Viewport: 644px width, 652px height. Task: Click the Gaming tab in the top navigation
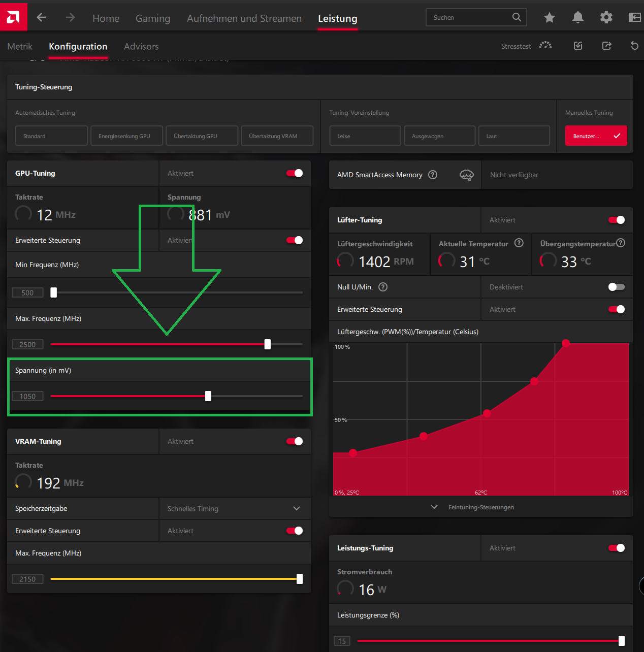[x=152, y=19]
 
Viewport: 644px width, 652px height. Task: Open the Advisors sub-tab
[x=141, y=47]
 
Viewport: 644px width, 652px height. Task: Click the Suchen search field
[x=470, y=18]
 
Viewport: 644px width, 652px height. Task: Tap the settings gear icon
[x=606, y=18]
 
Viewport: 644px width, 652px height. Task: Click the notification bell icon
[x=577, y=18]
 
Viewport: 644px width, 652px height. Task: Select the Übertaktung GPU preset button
[x=202, y=136]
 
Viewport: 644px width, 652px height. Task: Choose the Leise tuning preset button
[x=365, y=136]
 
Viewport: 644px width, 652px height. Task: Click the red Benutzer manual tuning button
[x=596, y=136]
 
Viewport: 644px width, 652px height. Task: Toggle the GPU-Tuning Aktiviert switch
[x=295, y=174]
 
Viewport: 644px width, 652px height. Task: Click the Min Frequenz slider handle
[x=54, y=292]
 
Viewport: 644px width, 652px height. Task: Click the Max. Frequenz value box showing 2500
[x=27, y=345]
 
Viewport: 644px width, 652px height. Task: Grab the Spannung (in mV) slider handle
[x=208, y=396]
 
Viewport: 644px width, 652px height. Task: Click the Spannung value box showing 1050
[x=27, y=397]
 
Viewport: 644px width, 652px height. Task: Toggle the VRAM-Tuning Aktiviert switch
[x=295, y=442]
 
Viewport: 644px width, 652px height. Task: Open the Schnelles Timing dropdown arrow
[x=297, y=509]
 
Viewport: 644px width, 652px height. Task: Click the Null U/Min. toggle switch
[x=616, y=287]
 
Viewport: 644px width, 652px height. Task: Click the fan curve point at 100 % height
[x=566, y=343]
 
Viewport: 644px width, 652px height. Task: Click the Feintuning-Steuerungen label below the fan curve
[x=480, y=507]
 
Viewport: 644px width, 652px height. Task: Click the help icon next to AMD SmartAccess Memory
[x=433, y=175]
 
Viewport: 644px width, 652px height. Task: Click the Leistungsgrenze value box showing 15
[x=342, y=641]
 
